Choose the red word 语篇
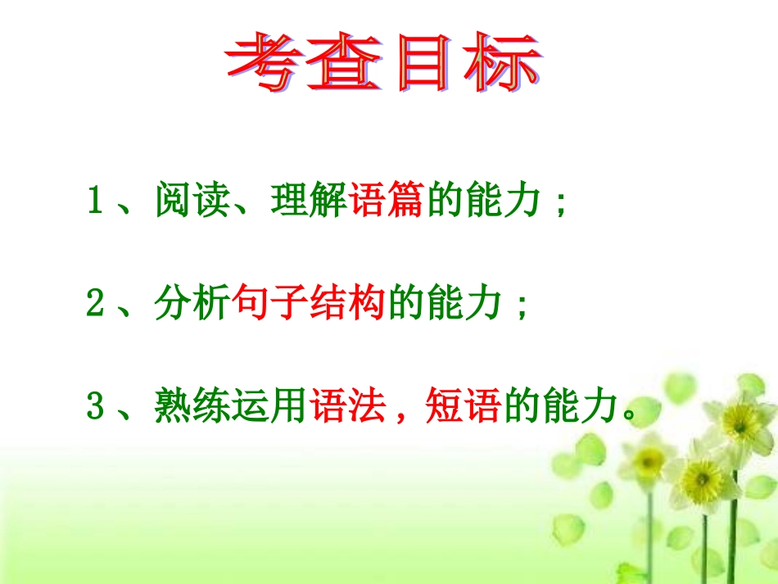386,202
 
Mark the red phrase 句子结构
310,306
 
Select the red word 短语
464,407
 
